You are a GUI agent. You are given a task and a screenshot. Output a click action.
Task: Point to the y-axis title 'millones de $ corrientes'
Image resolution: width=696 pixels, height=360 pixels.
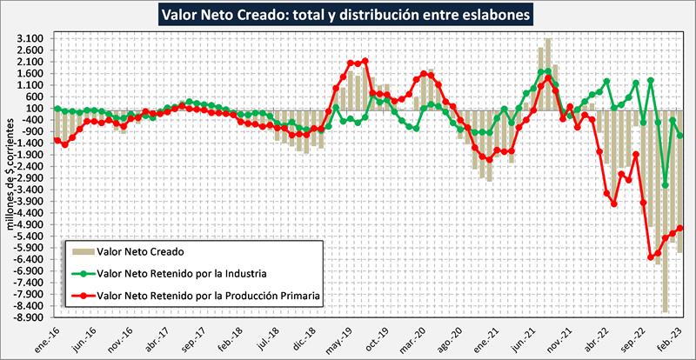[x=11, y=174]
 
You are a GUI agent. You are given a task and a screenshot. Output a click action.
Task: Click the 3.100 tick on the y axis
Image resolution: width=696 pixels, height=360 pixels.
[x=30, y=40]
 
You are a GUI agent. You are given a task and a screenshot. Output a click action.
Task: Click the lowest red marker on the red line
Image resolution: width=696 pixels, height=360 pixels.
[x=651, y=257]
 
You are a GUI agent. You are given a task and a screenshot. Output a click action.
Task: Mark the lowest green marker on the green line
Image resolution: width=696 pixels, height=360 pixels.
[x=666, y=184]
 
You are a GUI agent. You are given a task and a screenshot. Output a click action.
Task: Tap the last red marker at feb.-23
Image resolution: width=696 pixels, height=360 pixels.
[x=680, y=228]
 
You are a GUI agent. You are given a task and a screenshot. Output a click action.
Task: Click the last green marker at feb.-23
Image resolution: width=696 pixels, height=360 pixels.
[x=680, y=135]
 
